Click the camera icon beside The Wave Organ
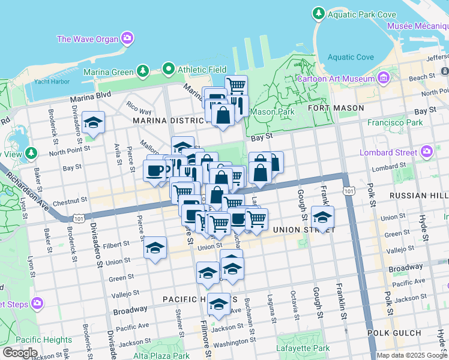point(127,39)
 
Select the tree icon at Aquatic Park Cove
point(318,13)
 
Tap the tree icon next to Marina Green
point(143,72)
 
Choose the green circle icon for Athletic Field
point(169,69)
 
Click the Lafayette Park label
point(303,348)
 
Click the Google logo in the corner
point(20,353)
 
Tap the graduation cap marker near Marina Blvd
point(93,123)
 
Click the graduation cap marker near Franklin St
point(323,217)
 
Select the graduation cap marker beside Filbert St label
point(155,247)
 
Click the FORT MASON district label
point(336,108)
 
